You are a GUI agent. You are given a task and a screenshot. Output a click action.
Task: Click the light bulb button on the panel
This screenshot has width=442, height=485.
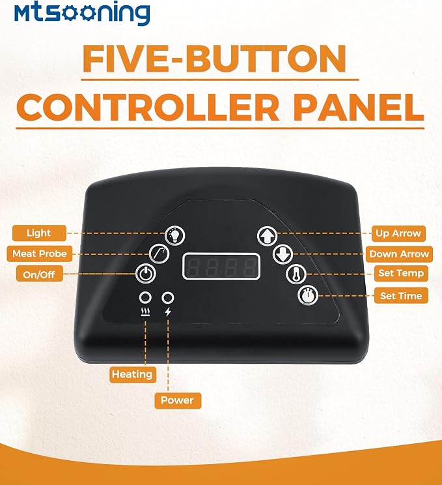click(175, 236)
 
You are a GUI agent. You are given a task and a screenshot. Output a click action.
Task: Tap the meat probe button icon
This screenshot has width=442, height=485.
click(159, 254)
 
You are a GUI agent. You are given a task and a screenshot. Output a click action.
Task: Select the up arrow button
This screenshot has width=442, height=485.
click(268, 237)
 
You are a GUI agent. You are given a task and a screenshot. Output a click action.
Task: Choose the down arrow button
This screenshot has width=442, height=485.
click(283, 254)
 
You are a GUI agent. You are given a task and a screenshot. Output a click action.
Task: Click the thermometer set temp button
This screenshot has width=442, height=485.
click(296, 274)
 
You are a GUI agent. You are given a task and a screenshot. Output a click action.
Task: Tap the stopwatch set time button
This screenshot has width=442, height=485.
click(308, 295)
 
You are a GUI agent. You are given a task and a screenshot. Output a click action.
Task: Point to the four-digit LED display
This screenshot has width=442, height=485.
click(221, 267)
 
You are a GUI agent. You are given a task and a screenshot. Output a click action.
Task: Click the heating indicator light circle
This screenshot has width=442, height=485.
click(145, 297)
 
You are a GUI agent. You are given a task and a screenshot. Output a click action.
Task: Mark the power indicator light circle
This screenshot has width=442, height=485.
click(168, 297)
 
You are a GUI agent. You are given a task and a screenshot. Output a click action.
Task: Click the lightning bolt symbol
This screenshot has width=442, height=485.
click(168, 312)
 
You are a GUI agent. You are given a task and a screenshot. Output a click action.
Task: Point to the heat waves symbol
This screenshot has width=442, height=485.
click(145, 312)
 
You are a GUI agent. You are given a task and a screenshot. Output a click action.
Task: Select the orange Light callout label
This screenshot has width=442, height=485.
click(39, 233)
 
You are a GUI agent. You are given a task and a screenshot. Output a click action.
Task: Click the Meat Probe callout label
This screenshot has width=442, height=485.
click(40, 254)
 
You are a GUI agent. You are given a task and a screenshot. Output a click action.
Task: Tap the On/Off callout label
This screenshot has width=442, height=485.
click(39, 274)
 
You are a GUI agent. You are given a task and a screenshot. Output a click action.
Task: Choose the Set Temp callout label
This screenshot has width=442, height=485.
click(401, 273)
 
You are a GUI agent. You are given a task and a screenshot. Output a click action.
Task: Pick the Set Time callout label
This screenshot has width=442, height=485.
click(401, 296)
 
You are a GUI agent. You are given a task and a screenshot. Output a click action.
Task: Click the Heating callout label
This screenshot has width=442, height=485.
click(132, 375)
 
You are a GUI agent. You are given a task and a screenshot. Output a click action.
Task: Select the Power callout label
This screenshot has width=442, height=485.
click(177, 400)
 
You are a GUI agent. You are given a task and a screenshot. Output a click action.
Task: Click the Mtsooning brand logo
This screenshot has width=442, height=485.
click(82, 13)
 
